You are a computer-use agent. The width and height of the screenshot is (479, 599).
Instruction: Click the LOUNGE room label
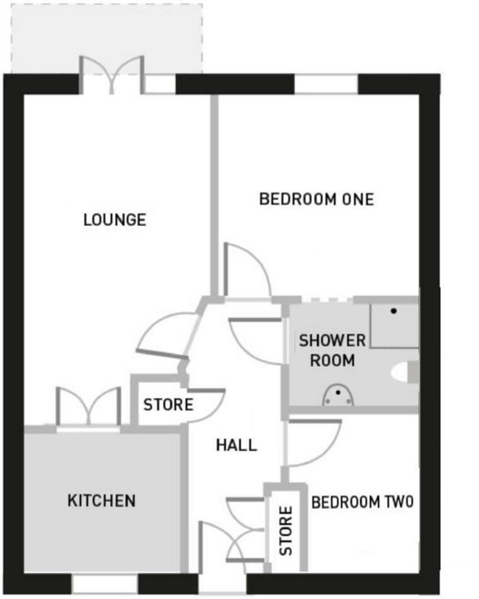point(115,220)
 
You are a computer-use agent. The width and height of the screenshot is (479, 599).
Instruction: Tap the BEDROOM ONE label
point(316,199)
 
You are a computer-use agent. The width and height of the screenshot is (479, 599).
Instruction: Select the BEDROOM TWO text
point(362,502)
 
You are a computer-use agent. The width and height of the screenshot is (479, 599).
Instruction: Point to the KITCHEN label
point(101,501)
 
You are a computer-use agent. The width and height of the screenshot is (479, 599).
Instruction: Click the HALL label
point(236,445)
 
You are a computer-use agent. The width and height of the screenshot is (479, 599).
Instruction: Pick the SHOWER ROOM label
point(332,351)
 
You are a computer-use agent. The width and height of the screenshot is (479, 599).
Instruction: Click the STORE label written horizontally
point(168,405)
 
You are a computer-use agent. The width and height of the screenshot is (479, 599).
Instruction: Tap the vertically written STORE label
point(285,531)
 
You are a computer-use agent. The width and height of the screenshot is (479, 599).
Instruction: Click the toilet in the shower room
point(405,372)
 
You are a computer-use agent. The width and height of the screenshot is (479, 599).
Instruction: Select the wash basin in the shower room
point(338,395)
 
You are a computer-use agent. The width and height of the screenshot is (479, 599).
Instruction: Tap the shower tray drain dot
point(393,311)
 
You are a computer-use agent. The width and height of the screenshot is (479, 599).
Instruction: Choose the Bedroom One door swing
point(245,272)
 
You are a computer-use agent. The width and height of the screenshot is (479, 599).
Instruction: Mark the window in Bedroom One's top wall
point(326,84)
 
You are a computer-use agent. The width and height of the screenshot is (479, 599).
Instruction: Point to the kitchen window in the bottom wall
point(105,584)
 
